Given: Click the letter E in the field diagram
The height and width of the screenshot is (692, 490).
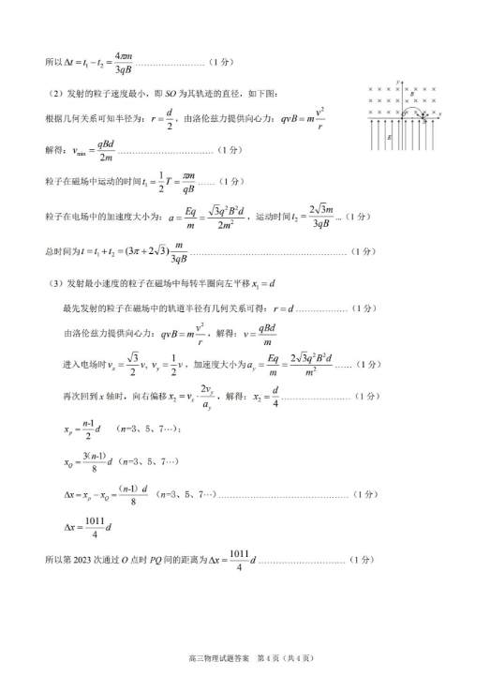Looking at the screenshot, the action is coord(389,138).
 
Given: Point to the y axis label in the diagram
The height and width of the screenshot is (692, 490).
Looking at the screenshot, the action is coord(398,82).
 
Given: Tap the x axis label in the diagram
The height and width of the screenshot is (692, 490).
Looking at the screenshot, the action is coord(439,114).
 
